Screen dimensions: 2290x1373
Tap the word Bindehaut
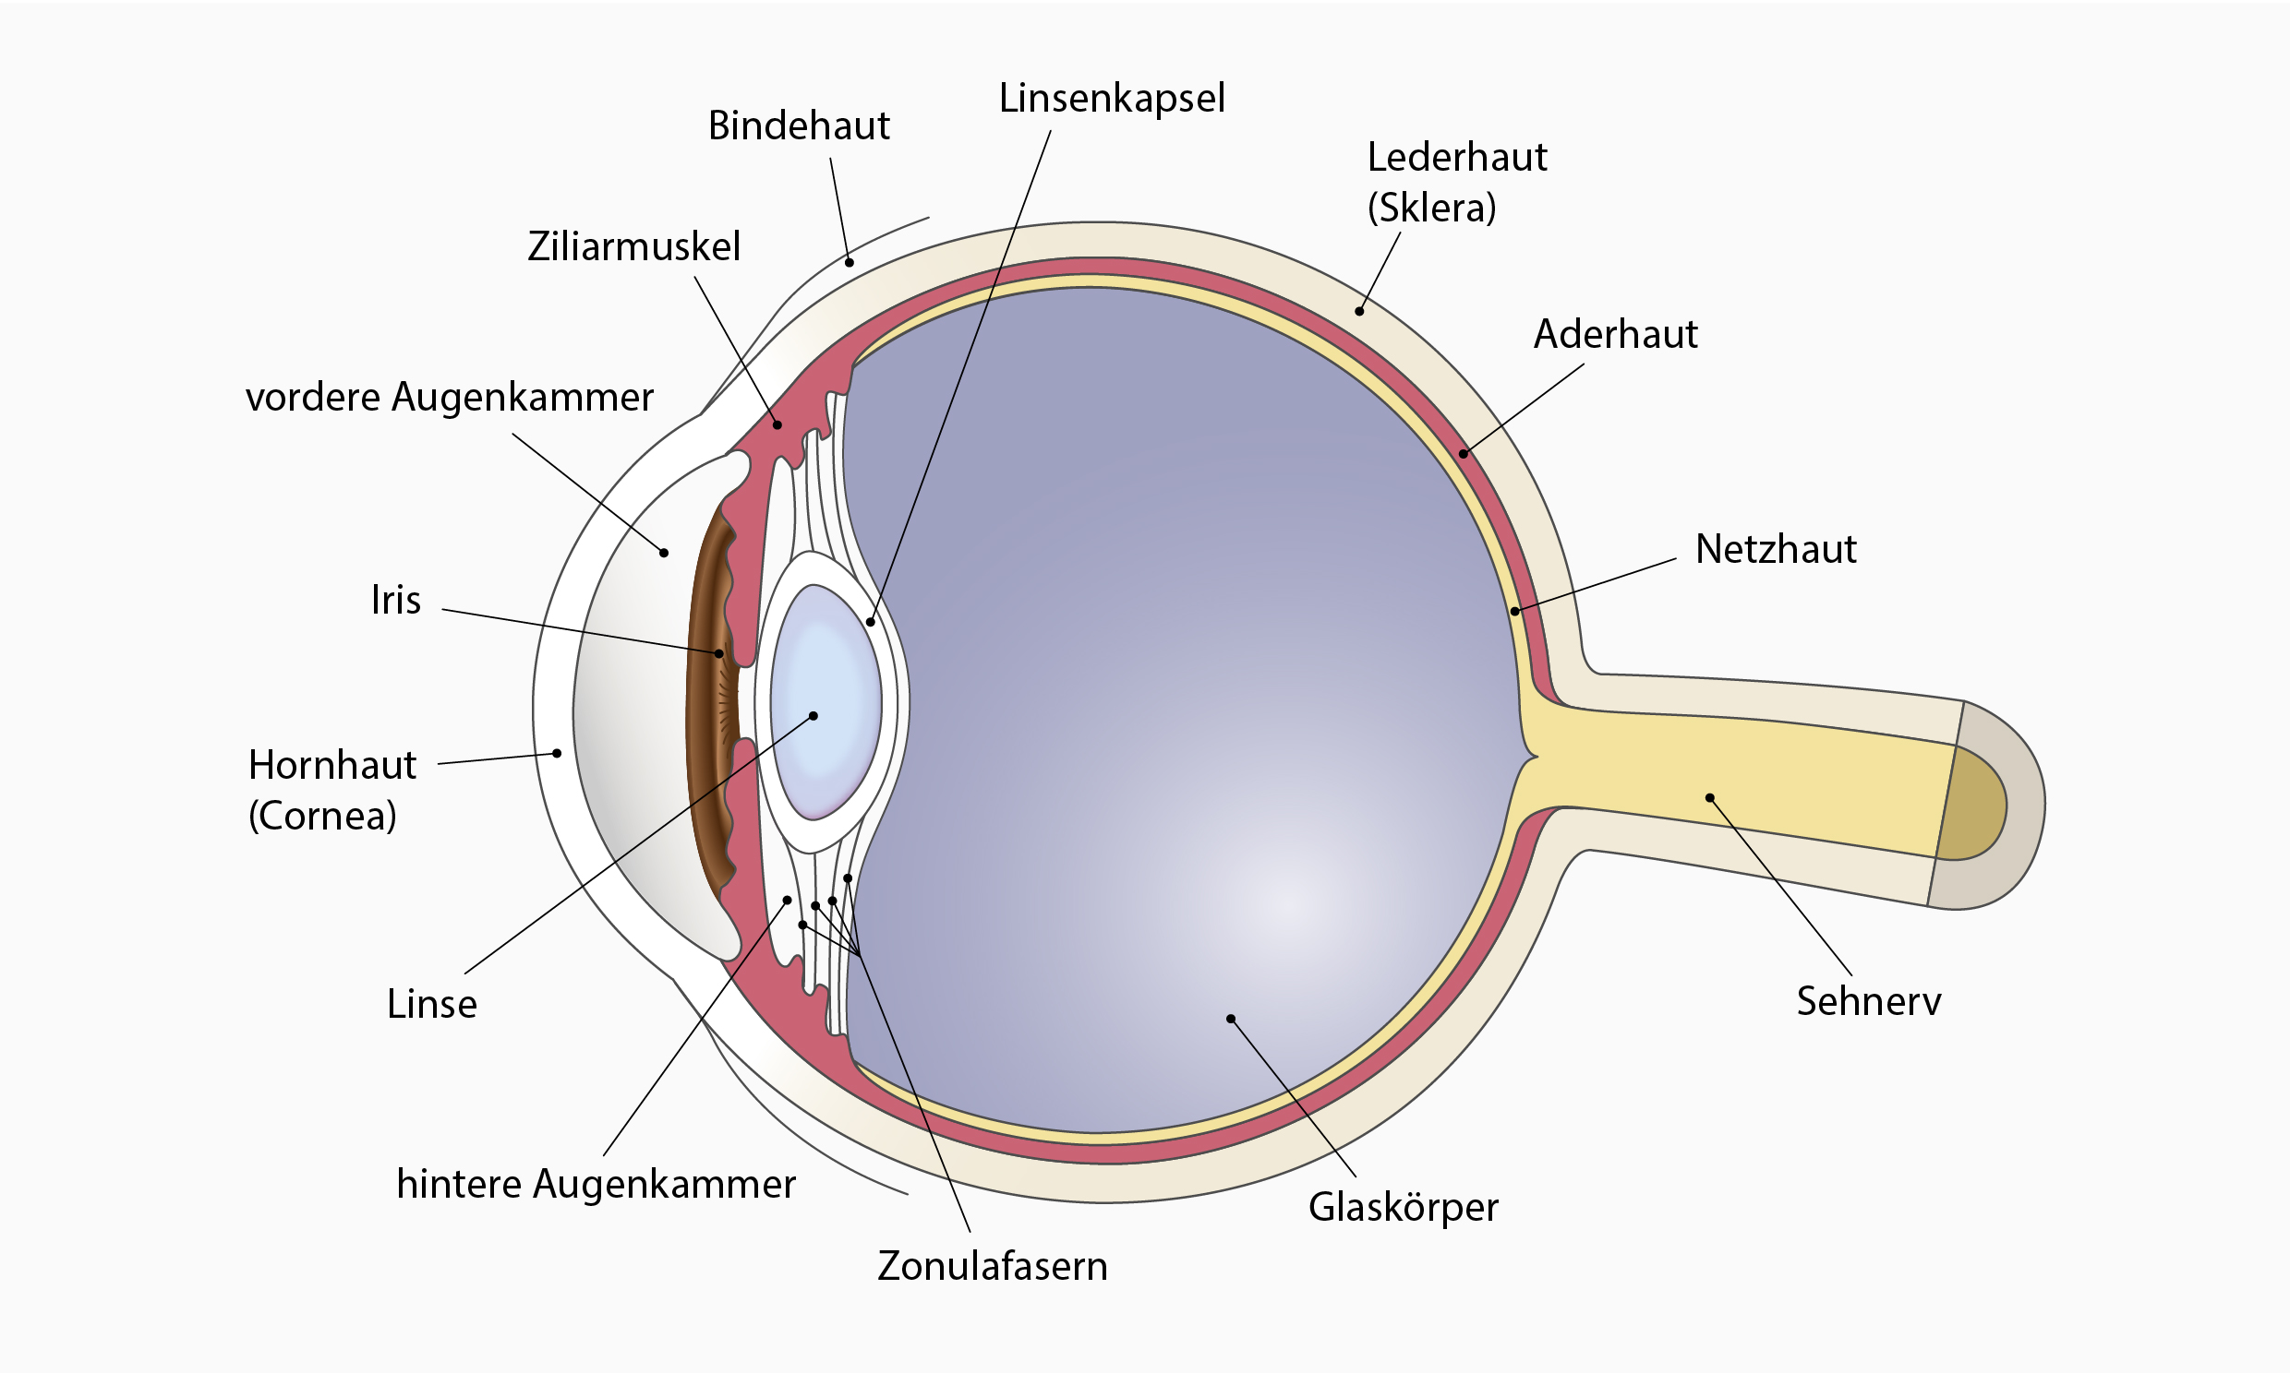point(799,125)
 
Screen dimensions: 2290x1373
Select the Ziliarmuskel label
point(634,247)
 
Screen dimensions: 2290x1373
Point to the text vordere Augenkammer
point(449,398)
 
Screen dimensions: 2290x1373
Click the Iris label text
point(396,601)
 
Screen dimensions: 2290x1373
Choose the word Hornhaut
point(332,765)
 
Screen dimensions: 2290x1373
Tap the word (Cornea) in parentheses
point(322,815)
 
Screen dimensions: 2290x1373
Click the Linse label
point(432,1004)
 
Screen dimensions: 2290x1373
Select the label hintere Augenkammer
point(597,1184)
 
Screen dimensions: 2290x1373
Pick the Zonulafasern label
point(993,1267)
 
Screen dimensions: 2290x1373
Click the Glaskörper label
point(1404,1209)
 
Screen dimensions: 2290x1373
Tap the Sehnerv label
point(1869,1002)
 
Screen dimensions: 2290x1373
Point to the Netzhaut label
point(1776,550)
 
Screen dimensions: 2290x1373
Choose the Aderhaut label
point(1615,334)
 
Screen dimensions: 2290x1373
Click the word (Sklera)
point(1432,208)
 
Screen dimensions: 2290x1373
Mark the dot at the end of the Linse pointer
point(814,715)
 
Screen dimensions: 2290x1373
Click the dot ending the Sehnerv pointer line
point(1709,797)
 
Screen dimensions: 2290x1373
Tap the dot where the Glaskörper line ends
point(1231,1019)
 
